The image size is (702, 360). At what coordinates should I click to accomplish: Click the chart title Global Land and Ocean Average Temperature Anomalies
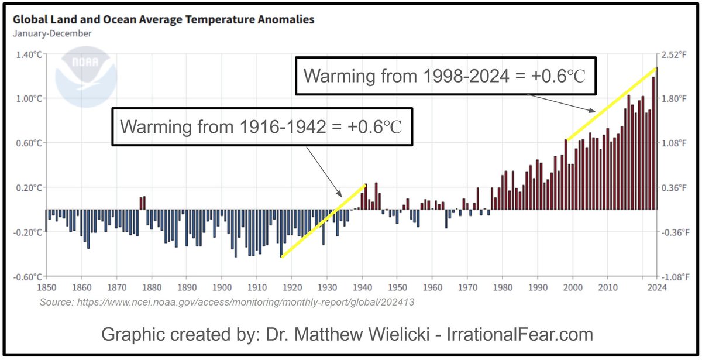click(163, 19)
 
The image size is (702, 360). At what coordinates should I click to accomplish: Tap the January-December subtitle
click(52, 33)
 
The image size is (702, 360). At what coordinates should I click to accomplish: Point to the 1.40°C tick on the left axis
click(29, 54)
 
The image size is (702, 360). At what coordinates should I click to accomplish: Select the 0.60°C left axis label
click(29, 143)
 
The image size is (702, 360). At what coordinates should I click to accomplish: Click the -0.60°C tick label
click(27, 277)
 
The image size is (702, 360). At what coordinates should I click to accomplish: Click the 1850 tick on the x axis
click(46, 287)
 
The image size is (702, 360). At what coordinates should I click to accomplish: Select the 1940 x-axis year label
click(362, 287)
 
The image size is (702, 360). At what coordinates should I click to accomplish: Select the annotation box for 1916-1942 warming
click(261, 126)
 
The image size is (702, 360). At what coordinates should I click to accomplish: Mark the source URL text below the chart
click(228, 303)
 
